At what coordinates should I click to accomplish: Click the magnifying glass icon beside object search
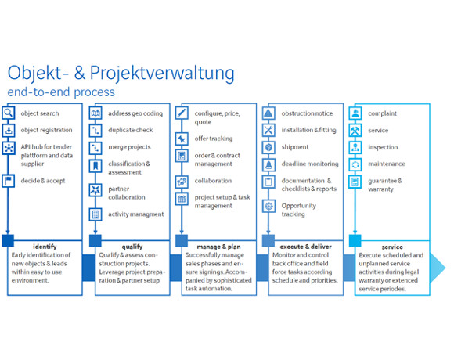pyautogui.click(x=9, y=113)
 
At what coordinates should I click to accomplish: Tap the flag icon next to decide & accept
pyautogui.click(x=9, y=181)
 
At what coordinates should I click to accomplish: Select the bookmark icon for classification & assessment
pyautogui.click(x=95, y=166)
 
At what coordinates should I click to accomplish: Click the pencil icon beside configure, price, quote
pyautogui.click(x=182, y=113)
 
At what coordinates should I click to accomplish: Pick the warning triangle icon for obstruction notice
pyautogui.click(x=268, y=113)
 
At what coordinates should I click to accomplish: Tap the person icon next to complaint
pyautogui.click(x=355, y=113)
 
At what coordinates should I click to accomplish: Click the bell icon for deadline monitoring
pyautogui.click(x=268, y=164)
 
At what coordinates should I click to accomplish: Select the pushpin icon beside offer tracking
pyautogui.click(x=182, y=139)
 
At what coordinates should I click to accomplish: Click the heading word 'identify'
pyautogui.click(x=45, y=247)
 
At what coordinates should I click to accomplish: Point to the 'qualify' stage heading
pyautogui.click(x=132, y=247)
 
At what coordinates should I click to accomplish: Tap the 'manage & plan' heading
pyautogui.click(x=218, y=247)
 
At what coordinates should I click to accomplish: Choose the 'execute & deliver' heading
pyautogui.click(x=306, y=247)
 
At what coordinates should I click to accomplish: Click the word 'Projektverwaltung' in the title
pyautogui.click(x=162, y=73)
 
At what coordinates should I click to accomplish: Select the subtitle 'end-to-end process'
pyautogui.click(x=61, y=92)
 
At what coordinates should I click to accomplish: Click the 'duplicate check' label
pyautogui.click(x=131, y=130)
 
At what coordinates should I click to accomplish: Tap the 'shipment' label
pyautogui.click(x=295, y=147)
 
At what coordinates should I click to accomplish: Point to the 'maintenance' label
pyautogui.click(x=387, y=164)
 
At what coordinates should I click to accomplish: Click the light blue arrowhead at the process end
pyautogui.click(x=438, y=268)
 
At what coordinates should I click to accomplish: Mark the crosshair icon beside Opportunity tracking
pyautogui.click(x=268, y=206)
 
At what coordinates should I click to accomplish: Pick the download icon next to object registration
pyautogui.click(x=9, y=131)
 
